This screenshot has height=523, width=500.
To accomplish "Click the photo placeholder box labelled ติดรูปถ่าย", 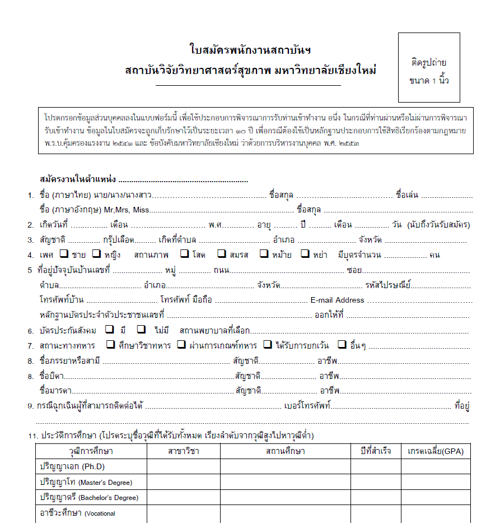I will (429, 67).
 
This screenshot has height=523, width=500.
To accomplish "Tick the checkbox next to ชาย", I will (64, 254).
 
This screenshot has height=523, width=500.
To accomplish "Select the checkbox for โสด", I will (184, 254).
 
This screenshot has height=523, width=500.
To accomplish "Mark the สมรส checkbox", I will (222, 254).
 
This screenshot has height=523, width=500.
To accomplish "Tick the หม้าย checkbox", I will (264, 254).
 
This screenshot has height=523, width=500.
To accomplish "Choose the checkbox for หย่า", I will (305, 254).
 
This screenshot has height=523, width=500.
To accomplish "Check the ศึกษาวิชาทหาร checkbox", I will (110, 344).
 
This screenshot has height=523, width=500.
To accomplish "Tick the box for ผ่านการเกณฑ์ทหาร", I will (181, 344).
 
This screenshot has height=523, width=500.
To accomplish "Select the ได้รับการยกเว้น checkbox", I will (268, 344).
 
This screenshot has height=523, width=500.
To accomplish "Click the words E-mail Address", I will (337, 300).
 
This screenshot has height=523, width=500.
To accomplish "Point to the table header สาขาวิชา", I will (183, 451).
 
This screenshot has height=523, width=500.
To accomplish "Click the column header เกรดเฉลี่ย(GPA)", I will (436, 451).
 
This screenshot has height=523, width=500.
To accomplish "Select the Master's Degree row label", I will (86, 482).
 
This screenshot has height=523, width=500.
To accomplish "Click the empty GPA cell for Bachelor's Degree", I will (436, 497).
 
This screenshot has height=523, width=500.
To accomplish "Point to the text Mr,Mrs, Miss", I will (127, 210).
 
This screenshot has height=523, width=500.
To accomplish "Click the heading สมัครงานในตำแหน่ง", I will (78, 179).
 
